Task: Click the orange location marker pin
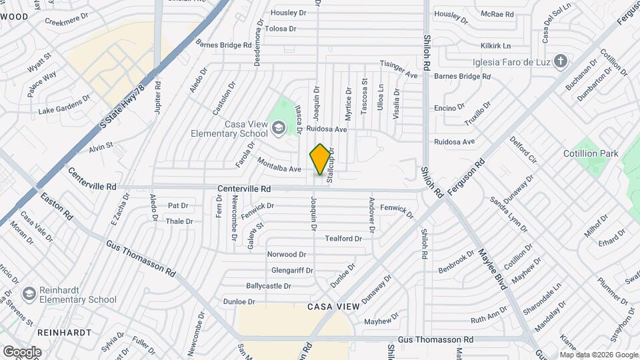click(x=321, y=159)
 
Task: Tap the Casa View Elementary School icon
click(x=278, y=127)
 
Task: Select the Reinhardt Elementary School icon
click(x=29, y=294)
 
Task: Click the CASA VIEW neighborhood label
click(x=333, y=307)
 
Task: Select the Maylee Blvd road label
click(x=493, y=269)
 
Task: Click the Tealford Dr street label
click(x=343, y=238)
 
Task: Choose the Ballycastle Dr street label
click(x=269, y=286)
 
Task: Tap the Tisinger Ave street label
click(x=399, y=75)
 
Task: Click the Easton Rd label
click(x=57, y=207)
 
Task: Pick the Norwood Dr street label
click(x=286, y=254)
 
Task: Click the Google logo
click(x=22, y=351)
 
